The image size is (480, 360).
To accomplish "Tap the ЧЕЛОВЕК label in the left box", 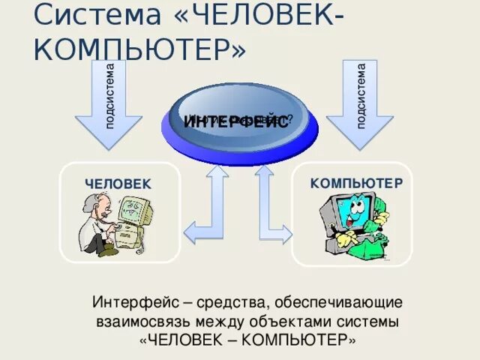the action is click(118, 184).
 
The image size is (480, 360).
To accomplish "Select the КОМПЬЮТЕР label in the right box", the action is click(357, 183).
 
